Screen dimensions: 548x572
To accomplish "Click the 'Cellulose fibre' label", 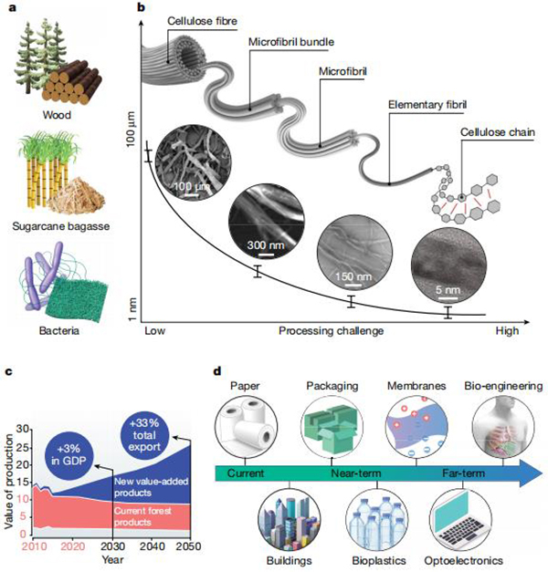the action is pyautogui.click(x=202, y=21).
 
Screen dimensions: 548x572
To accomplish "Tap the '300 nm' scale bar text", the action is pyautogui.click(x=266, y=244).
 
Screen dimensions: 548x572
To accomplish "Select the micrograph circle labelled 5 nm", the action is pyautogui.click(x=448, y=266).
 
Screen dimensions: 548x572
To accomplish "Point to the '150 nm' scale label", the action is pyautogui.click(x=353, y=276).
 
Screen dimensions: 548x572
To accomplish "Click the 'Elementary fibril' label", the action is pyautogui.click(x=427, y=105).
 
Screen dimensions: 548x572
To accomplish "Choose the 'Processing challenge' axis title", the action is pyautogui.click(x=331, y=331).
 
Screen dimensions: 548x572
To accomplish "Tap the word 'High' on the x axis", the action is pyautogui.click(x=507, y=331).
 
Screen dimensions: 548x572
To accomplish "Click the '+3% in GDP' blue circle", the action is pyautogui.click(x=69, y=454).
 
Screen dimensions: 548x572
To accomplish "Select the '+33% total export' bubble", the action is pyautogui.click(x=144, y=434).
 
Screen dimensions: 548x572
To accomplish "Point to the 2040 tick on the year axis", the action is pyautogui.click(x=152, y=546).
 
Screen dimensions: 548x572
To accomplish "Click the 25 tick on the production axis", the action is pyautogui.click(x=22, y=447).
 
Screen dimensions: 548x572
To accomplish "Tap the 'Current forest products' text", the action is pyautogui.click(x=142, y=516).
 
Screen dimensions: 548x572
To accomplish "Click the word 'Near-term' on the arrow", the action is pyautogui.click(x=356, y=473).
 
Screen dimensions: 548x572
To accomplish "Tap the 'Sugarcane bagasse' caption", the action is pyautogui.click(x=61, y=226).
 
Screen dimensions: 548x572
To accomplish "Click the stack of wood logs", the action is pyautogui.click(x=71, y=82).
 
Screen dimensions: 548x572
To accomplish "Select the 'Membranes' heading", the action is pyautogui.click(x=416, y=386).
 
